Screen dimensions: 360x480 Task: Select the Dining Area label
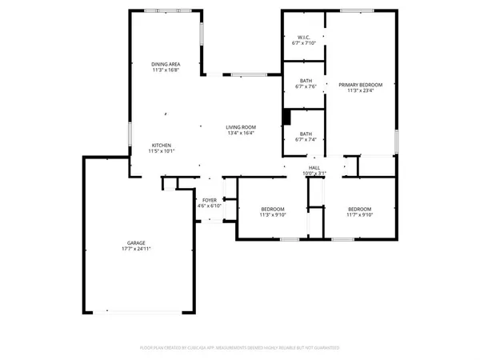tap(166, 64)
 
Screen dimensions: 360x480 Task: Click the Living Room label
tap(240, 127)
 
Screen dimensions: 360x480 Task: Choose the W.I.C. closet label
tap(304, 37)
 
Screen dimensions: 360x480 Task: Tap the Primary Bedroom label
tap(360, 84)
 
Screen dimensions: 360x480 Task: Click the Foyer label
tap(209, 200)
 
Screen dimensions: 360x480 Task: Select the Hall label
tap(315, 167)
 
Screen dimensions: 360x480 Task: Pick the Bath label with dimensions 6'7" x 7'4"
tap(306, 134)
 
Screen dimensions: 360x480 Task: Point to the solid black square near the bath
tap(286, 117)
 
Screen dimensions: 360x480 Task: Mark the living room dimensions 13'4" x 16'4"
tap(240, 134)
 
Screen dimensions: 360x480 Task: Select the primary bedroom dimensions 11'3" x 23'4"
tap(360, 90)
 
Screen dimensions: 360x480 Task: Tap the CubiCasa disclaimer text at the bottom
tap(240, 348)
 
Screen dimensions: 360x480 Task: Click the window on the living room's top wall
tap(246, 75)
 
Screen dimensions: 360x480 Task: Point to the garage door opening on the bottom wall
tap(139, 310)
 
